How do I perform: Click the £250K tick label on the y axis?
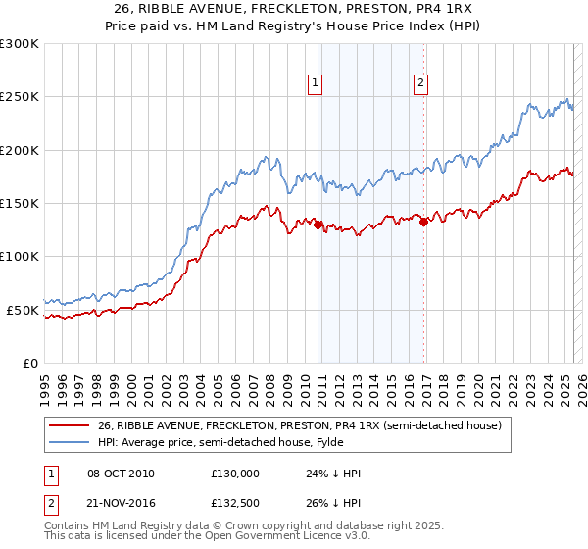(x=20, y=97)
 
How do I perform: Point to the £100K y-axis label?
(x=20, y=256)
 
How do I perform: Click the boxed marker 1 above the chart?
(x=316, y=84)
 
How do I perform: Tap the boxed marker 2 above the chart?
(x=420, y=84)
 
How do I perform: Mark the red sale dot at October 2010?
(x=318, y=225)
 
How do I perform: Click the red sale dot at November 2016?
(x=423, y=223)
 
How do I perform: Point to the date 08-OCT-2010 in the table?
(x=121, y=474)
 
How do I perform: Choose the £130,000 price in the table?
(x=235, y=474)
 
